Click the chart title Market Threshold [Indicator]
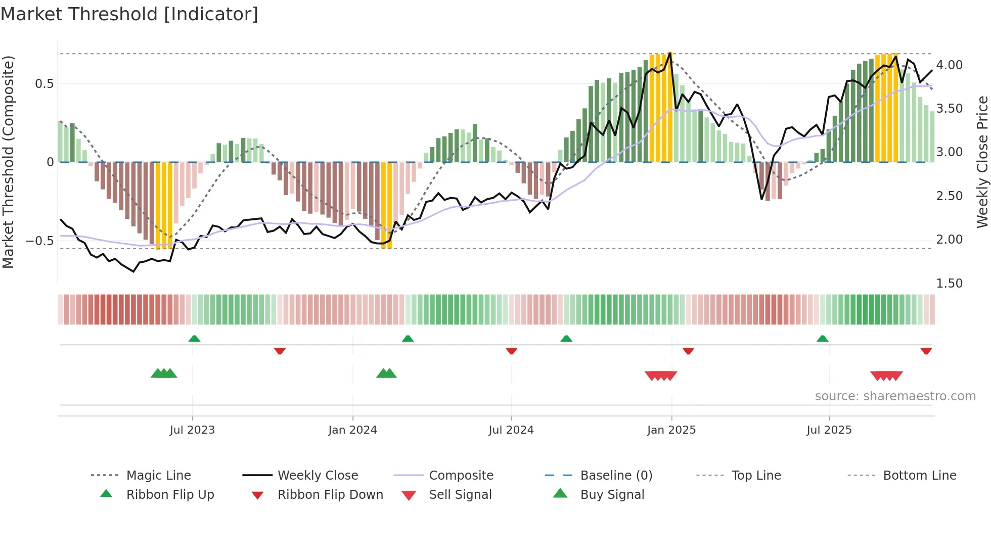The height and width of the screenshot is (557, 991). [129, 14]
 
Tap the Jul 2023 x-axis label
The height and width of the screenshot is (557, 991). [192, 430]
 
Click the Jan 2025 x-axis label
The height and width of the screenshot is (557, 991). [671, 430]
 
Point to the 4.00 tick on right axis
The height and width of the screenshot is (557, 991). [949, 65]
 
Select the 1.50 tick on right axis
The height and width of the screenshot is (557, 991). [949, 284]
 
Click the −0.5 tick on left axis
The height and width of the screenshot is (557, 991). [40, 241]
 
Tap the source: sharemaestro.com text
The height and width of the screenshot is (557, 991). [895, 396]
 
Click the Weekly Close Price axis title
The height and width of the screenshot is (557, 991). [982, 162]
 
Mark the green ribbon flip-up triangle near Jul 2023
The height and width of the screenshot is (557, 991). [194, 339]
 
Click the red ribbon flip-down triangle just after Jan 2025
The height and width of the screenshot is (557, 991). [688, 351]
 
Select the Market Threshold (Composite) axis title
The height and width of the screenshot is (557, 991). [9, 162]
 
